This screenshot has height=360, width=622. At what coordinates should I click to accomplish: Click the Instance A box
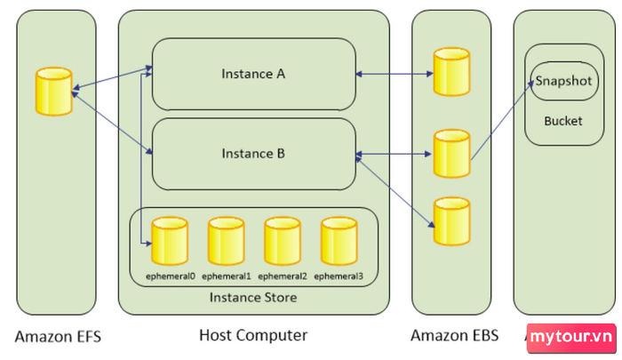(x=253, y=74)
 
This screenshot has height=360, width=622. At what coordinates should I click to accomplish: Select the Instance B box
(x=253, y=154)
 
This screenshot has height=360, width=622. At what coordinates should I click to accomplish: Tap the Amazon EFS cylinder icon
(x=52, y=92)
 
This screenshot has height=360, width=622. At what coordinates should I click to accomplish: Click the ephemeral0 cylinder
(x=169, y=240)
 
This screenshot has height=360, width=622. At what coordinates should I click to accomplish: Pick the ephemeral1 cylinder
(x=226, y=240)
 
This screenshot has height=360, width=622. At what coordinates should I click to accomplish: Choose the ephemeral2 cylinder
(x=283, y=240)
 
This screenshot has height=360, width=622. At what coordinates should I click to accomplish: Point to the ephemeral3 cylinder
(x=339, y=240)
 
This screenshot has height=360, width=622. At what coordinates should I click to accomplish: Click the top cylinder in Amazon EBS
(x=451, y=71)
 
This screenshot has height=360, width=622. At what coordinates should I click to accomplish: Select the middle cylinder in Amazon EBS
(x=451, y=153)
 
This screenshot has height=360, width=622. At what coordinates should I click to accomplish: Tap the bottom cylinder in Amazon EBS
(x=451, y=221)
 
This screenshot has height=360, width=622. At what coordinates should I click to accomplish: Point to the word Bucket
(x=563, y=120)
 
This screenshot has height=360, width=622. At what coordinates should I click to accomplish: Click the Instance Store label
(x=253, y=297)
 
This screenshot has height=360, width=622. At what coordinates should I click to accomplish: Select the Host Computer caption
(x=253, y=335)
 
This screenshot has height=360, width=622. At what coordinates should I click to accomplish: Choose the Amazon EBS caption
(x=454, y=335)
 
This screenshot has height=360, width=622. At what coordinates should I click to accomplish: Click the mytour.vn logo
(x=572, y=338)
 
